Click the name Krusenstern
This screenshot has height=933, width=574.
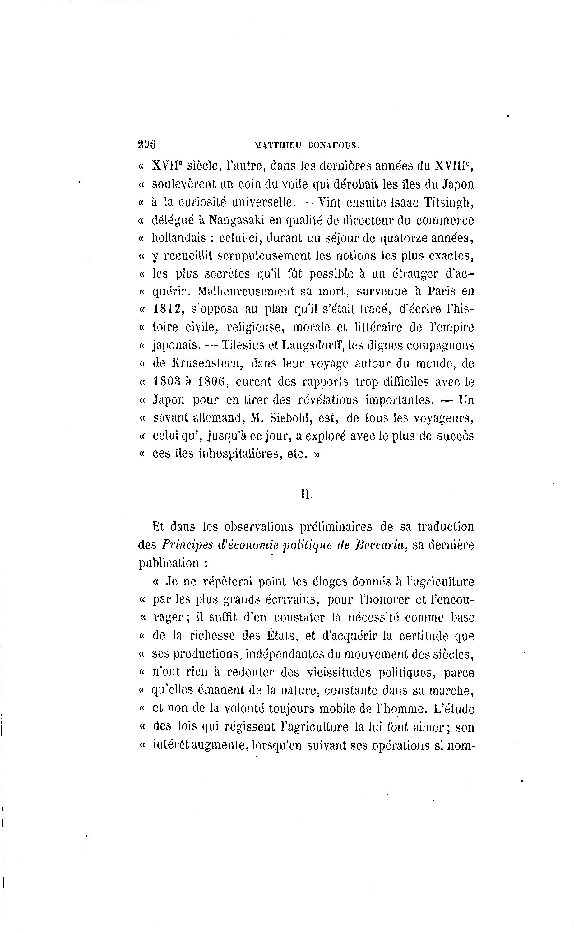coord(208,363)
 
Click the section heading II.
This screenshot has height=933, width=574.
coord(306,494)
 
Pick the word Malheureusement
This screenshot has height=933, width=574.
coord(246,291)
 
